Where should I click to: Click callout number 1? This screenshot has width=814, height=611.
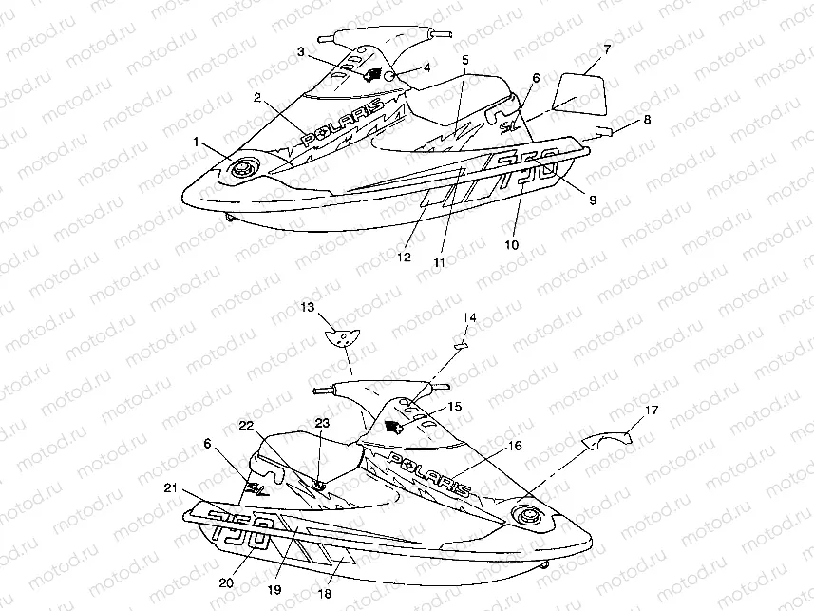coord(196,141)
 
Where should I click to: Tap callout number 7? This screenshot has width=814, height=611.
coord(607,48)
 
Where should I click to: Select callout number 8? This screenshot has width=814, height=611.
coord(647,120)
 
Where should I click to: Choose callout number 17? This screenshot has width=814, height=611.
coord(651,411)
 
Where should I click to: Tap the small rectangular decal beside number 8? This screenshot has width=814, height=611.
coord(604,129)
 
